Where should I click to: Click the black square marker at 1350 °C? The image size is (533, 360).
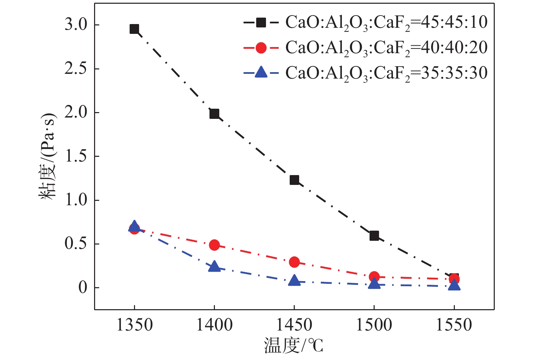134,29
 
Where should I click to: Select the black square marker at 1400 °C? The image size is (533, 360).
214,114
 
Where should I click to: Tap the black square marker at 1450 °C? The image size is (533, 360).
294,180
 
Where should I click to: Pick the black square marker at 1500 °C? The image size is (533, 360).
374,236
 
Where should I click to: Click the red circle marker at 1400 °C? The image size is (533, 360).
214,245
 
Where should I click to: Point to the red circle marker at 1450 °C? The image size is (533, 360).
294,262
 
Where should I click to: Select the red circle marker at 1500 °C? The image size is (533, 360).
374,277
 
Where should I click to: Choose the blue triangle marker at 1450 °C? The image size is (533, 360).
294,281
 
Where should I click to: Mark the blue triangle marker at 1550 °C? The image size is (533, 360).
454,285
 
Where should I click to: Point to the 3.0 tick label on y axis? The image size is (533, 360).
76,25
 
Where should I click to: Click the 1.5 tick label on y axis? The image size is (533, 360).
76,156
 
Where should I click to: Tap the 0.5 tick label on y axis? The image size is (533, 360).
76,244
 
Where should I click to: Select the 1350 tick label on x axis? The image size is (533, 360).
134,325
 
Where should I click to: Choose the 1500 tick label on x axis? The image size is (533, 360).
374,325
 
